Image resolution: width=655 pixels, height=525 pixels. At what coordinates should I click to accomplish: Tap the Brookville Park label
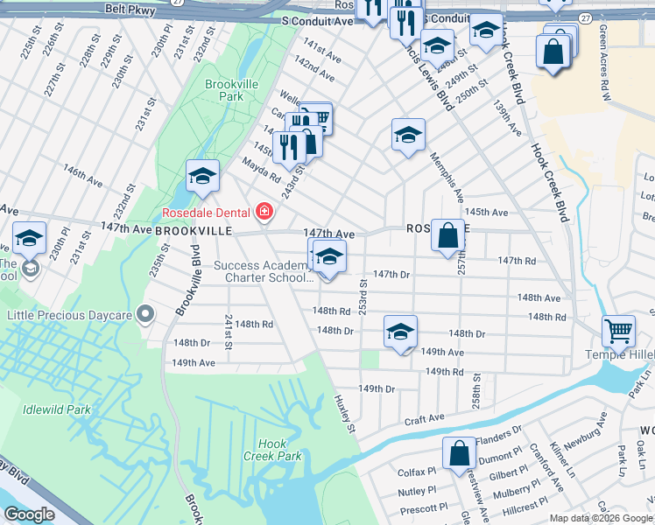point(224,90)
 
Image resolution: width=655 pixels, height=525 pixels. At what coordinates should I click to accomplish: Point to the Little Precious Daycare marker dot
point(146,313)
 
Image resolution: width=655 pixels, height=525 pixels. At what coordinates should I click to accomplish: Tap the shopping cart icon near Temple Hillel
point(618,331)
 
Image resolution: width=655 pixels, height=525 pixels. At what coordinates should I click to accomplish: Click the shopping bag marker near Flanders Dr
point(459,452)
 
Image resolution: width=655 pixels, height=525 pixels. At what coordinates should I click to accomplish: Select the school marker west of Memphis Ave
point(407,135)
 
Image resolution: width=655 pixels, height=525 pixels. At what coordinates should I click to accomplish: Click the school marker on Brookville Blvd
point(202,177)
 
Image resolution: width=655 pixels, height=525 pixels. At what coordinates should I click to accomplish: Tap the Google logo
point(30,514)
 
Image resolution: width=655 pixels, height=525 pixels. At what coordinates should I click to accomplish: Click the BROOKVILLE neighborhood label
point(194,231)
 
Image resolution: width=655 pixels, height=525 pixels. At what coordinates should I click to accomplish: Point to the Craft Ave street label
point(424,421)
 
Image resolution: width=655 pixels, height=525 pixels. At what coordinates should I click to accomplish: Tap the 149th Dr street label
point(377,388)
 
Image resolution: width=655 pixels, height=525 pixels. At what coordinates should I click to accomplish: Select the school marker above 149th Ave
point(400,332)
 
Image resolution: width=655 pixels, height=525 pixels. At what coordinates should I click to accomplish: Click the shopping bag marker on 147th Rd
point(447,234)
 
